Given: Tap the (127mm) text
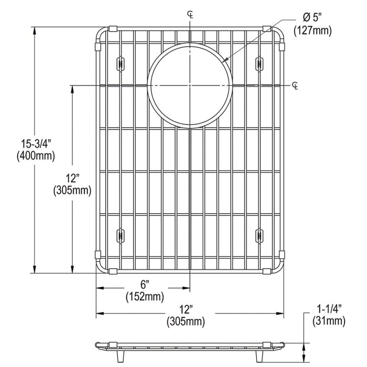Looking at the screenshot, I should click(312, 31).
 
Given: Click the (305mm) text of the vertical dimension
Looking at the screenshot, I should click(72, 190).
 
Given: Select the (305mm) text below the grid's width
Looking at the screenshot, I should click(186, 322).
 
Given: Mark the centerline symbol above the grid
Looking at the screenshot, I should click(190, 14).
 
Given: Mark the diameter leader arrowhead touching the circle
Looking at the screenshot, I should click(225, 61).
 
